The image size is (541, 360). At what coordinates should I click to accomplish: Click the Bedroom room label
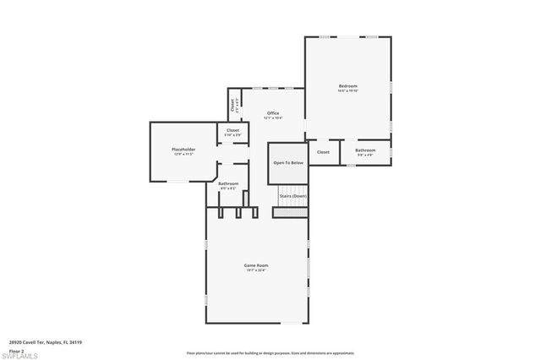347,86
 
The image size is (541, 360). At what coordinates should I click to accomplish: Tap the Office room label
273,113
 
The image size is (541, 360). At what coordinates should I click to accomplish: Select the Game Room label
255,265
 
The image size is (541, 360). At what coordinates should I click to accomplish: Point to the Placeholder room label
184,150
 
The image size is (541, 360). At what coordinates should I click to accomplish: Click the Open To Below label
288,162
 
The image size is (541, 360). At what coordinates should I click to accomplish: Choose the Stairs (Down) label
292,196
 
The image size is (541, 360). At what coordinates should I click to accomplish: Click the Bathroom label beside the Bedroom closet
365,150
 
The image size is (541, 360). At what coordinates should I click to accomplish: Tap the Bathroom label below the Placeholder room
228,183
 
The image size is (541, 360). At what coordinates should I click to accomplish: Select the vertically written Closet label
232,106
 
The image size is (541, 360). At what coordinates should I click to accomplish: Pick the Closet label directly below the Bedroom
322,152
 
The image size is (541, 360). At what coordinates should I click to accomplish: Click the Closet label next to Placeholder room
232,130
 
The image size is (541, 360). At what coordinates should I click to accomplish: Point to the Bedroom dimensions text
347,91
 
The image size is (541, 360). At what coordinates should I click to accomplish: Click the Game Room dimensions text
255,270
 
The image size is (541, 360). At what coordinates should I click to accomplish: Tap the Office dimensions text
273,118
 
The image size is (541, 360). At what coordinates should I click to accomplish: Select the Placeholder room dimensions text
184,155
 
